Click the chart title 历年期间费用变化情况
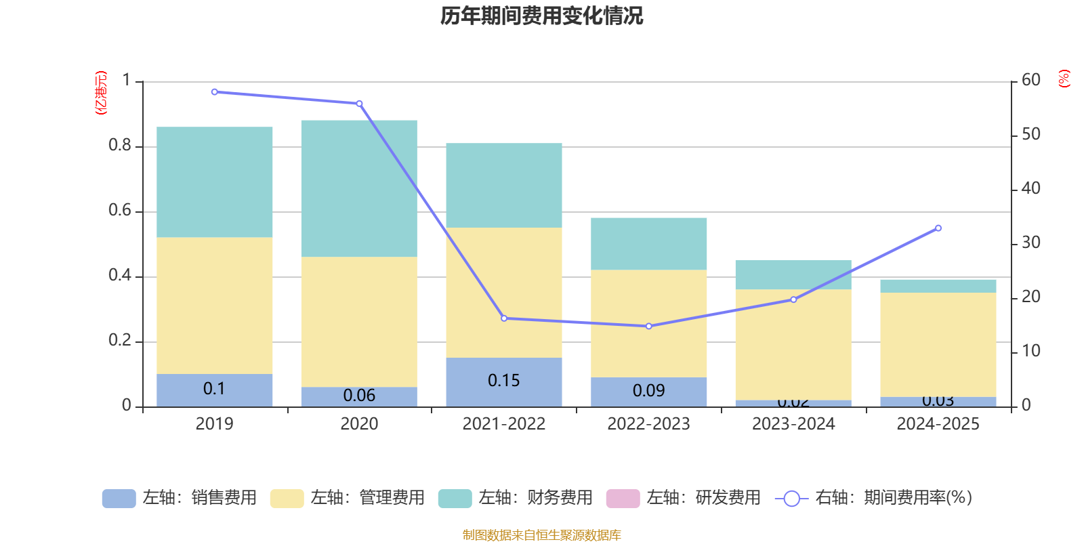coord(541,16)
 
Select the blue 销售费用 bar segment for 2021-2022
coord(503,381)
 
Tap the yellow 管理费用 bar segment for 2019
coord(214,305)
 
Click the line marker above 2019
coord(214,91)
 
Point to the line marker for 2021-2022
coord(503,318)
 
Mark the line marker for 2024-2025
coord(938,228)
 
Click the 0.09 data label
coord(648,391)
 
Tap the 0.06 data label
coord(359,396)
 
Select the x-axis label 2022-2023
coord(648,424)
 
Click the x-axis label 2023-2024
coord(793,424)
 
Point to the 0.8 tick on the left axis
coord(120,146)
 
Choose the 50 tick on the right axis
coord(1030,134)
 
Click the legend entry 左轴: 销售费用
coord(180,498)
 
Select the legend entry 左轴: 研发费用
coord(684,498)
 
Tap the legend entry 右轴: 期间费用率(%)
coord(874,498)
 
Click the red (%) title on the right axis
coord(1064,79)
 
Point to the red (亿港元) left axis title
coord(100,93)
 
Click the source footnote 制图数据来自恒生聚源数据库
coord(541,535)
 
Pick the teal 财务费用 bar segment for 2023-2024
coord(793,275)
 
